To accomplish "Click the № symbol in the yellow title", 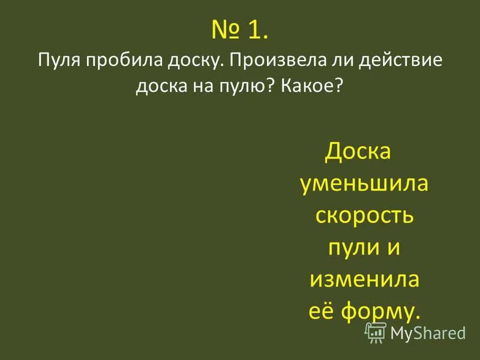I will click(x=224, y=31).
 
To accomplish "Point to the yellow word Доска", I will click(x=358, y=152).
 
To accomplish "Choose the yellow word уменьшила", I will click(x=364, y=184).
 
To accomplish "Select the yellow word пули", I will click(x=352, y=247).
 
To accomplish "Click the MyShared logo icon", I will click(x=376, y=332).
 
